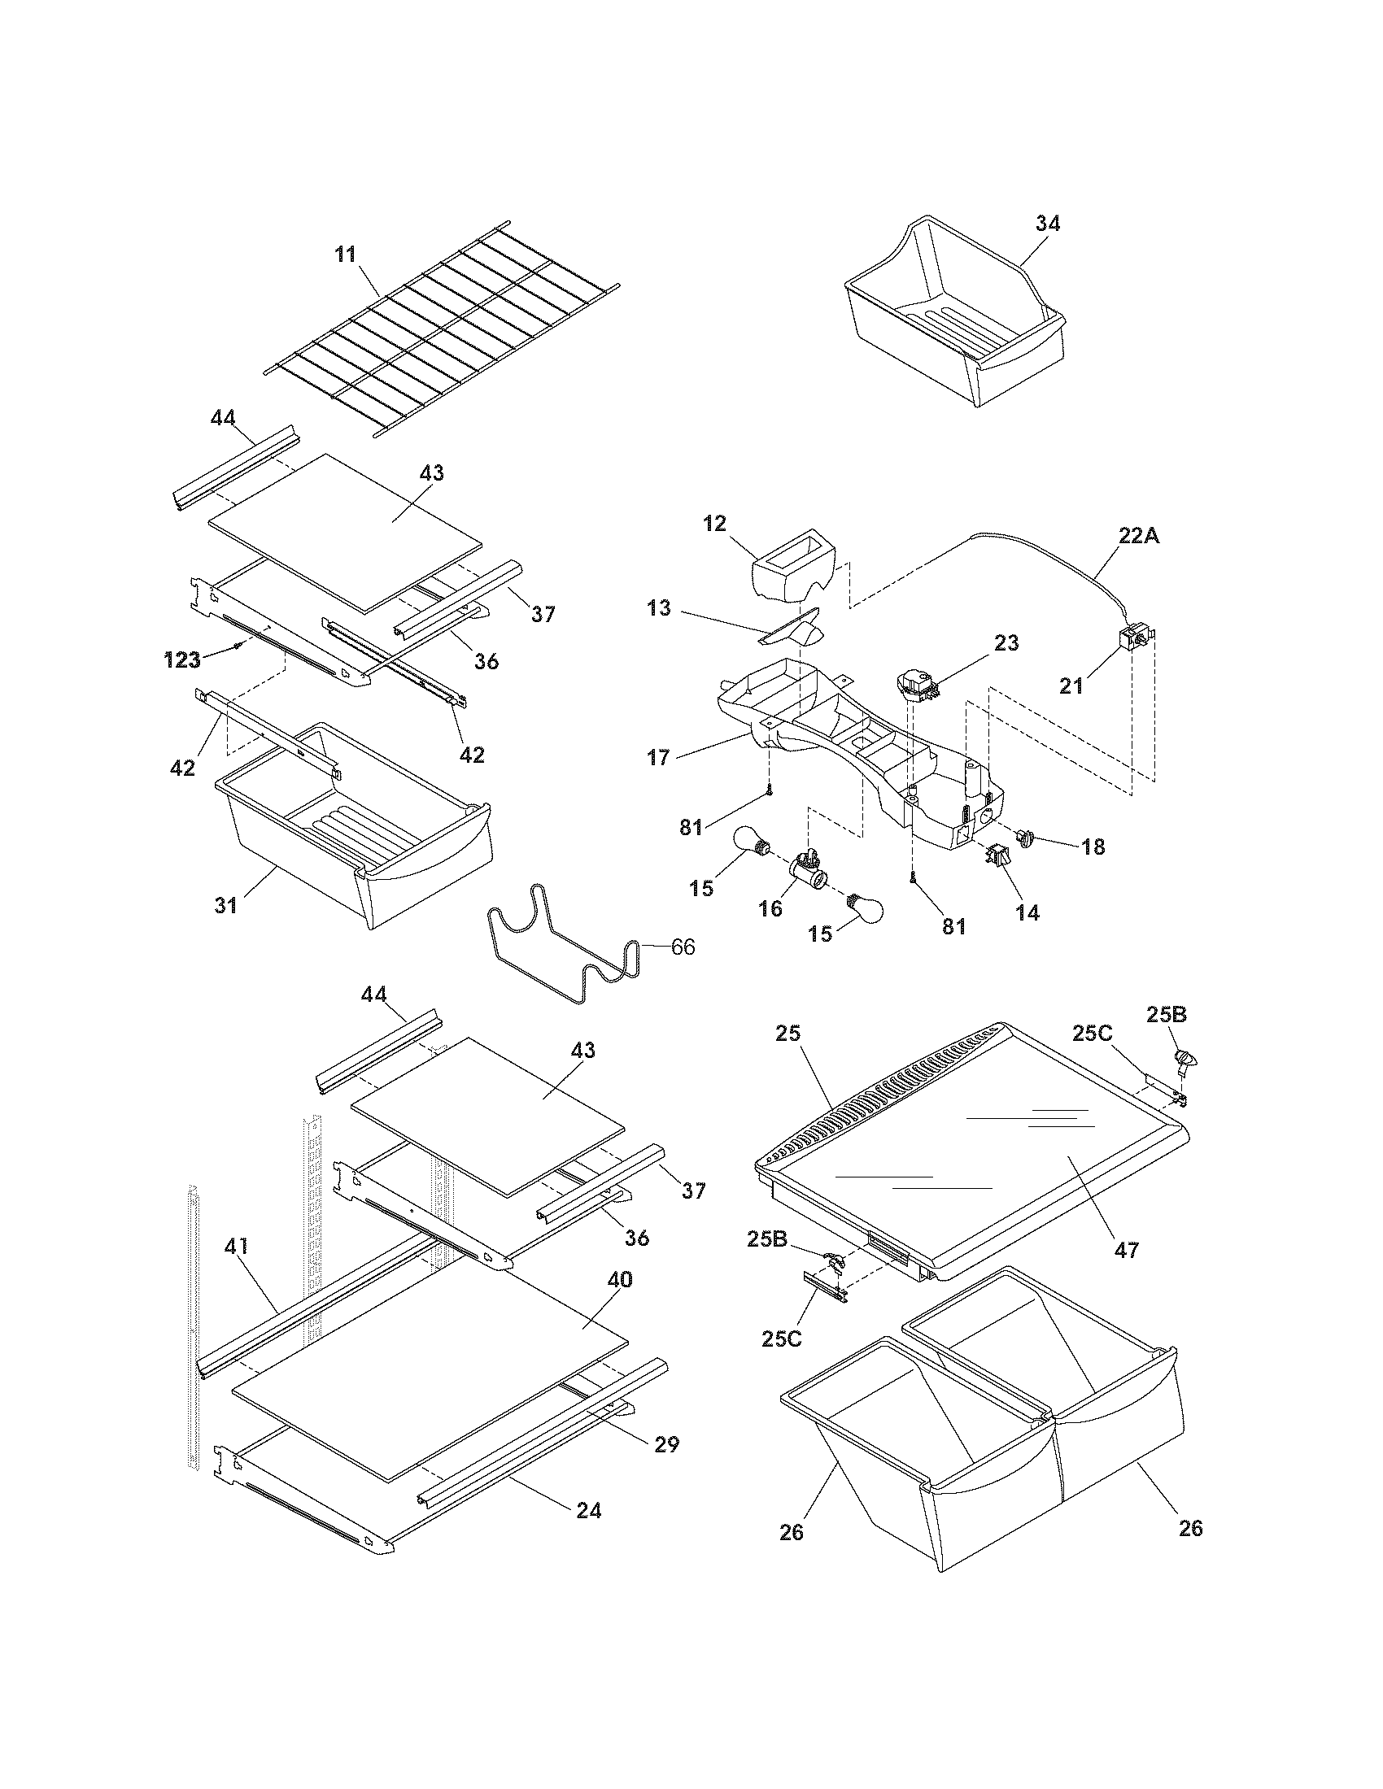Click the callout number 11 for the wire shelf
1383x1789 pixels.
pos(346,255)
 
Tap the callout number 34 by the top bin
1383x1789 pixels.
pos(1047,224)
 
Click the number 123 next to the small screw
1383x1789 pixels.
pos(182,660)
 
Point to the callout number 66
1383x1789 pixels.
pos(683,947)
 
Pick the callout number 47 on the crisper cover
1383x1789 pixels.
pos(1127,1250)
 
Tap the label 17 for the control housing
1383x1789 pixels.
pos(659,757)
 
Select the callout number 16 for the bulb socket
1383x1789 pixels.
pos(770,908)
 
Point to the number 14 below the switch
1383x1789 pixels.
pos(1027,912)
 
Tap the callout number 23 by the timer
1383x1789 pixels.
pos(1006,643)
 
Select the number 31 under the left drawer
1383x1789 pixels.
pos(225,905)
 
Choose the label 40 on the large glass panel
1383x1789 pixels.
pos(619,1279)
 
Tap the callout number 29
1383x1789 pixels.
pos(667,1444)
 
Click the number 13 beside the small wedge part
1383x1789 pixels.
pos(659,608)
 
